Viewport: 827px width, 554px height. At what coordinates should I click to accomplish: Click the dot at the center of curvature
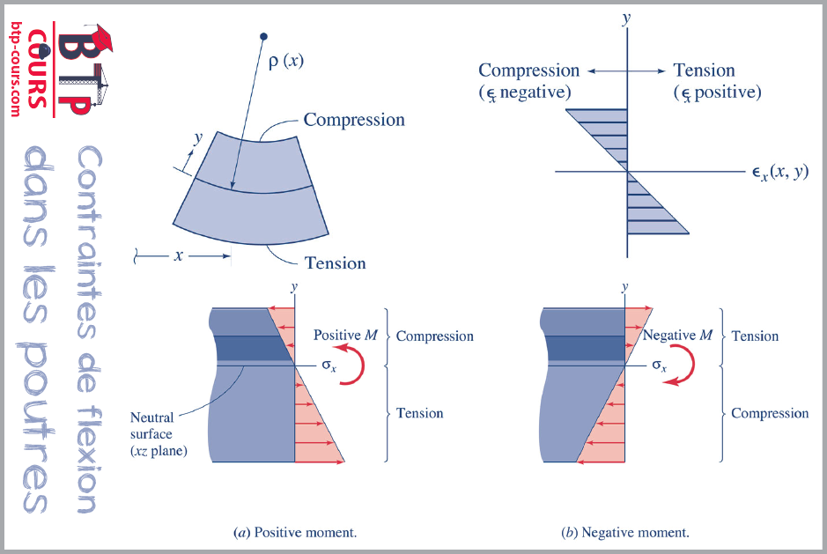pyautogui.click(x=262, y=38)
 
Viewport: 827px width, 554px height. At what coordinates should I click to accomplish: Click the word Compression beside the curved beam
pyautogui.click(x=354, y=120)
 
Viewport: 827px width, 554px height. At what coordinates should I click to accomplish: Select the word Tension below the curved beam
pyautogui.click(x=335, y=262)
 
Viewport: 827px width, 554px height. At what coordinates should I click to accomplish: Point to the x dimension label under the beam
pyautogui.click(x=179, y=256)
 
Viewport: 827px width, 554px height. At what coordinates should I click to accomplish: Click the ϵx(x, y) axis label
pyautogui.click(x=772, y=173)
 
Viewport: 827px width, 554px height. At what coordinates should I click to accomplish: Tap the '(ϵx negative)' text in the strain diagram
pyautogui.click(x=525, y=92)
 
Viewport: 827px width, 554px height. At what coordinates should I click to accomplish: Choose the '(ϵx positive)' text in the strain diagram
pyautogui.click(x=717, y=92)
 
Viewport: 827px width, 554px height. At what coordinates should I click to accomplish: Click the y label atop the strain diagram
pyautogui.click(x=626, y=18)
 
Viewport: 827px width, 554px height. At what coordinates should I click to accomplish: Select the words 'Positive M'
pyautogui.click(x=345, y=336)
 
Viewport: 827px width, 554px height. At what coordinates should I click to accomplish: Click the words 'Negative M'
pyautogui.click(x=677, y=336)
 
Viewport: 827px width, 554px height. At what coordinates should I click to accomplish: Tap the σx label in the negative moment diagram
pyautogui.click(x=657, y=366)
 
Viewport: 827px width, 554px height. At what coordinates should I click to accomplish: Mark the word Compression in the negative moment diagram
pyautogui.click(x=770, y=413)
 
